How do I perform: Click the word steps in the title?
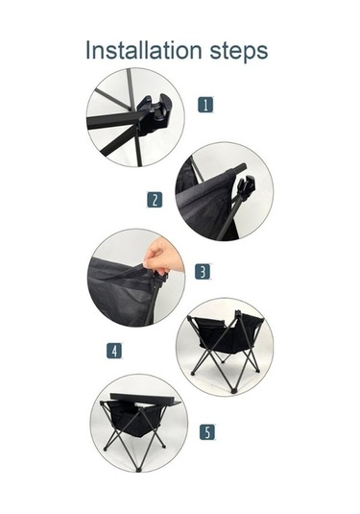[x=239, y=51]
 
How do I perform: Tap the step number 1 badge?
[x=205, y=105]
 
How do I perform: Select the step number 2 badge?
[x=155, y=200]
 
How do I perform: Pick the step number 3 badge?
[x=203, y=272]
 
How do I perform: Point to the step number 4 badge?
[x=114, y=351]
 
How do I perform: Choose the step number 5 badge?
[x=207, y=431]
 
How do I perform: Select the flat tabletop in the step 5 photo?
[x=145, y=399]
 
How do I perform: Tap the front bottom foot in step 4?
[x=233, y=391]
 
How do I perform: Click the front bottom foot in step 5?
[x=138, y=470]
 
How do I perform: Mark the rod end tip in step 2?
[x=243, y=166]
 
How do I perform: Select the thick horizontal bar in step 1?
[x=113, y=121]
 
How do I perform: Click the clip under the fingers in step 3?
[x=161, y=280]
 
